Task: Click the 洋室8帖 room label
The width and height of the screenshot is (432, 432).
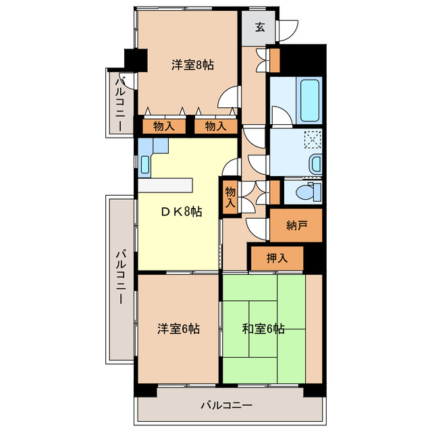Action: point(192,65)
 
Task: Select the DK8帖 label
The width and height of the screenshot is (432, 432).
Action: point(180,212)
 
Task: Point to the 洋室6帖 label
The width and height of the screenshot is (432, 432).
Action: point(178,329)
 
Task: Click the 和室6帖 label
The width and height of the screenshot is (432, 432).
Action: point(263,329)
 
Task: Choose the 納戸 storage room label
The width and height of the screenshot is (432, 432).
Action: point(296,225)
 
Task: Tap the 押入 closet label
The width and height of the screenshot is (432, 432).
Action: point(277,257)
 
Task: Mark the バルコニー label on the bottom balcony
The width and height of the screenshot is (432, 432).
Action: point(226,406)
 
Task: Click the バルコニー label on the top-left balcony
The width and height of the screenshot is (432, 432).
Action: point(119,104)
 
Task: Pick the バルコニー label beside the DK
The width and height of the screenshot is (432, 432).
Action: point(119,276)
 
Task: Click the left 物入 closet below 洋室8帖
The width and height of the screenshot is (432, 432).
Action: point(164,126)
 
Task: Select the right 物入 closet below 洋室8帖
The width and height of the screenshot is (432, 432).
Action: point(215,126)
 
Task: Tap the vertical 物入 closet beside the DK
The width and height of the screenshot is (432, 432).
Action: point(230,196)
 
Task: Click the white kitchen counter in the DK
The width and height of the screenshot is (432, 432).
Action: point(165,186)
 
